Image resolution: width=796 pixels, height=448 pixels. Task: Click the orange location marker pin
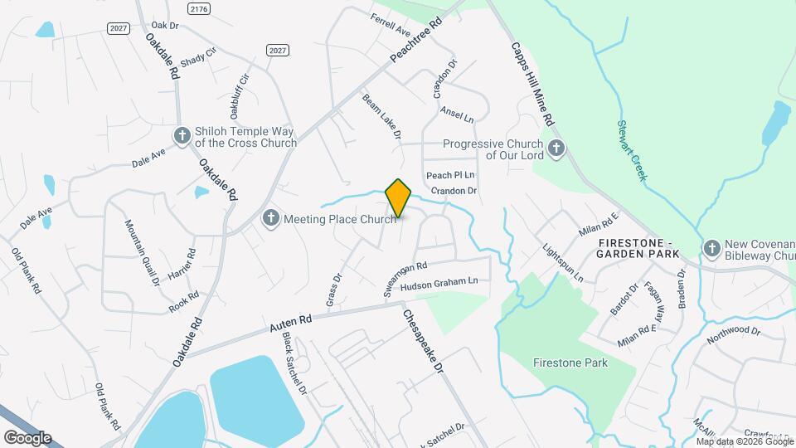pos(399,198)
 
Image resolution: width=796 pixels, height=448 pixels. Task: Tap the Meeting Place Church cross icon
pos(270,219)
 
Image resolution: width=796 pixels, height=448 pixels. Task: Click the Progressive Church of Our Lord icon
pos(556,149)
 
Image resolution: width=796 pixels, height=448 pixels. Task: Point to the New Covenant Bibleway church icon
pos(711,248)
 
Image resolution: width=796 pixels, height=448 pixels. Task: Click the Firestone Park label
pos(570,363)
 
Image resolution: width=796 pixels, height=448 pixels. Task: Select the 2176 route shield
pos(198,8)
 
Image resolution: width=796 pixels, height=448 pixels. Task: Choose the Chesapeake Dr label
pos(424,341)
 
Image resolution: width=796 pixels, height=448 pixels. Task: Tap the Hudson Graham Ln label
pos(439,284)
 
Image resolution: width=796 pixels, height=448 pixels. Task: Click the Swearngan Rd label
pos(405,280)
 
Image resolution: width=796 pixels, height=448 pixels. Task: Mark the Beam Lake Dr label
pos(381,115)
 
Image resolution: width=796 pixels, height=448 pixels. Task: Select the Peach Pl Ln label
pos(450,175)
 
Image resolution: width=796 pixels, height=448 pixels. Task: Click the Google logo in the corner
pos(27,438)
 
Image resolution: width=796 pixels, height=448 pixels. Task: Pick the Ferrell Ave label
pos(391,26)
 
